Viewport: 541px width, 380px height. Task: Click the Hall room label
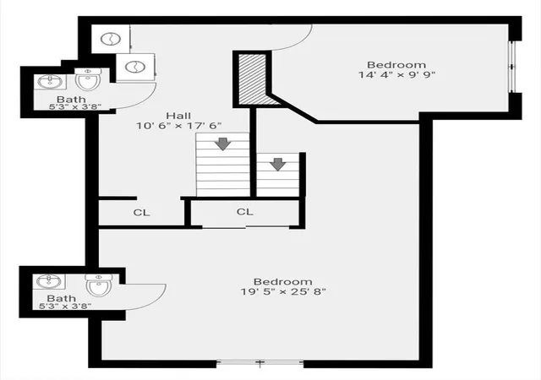pos(178,116)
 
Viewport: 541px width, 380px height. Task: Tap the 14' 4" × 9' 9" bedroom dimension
pos(396,74)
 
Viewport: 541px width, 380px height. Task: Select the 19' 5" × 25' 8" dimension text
pos(283,291)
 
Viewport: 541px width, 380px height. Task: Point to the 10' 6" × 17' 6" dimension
pos(178,126)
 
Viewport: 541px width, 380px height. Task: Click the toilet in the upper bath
pos(88,79)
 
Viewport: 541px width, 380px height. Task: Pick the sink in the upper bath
pos(51,82)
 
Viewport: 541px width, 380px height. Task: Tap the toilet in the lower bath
pos(99,285)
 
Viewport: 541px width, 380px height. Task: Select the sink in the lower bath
pos(49,281)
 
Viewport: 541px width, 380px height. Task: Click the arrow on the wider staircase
pos(223,144)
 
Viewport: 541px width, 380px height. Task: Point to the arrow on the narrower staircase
pos(278,164)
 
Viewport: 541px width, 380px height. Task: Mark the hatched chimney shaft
pos(255,79)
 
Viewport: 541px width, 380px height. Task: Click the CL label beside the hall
pos(141,213)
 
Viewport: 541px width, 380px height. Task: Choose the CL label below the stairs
pos(244,211)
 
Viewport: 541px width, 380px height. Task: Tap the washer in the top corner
pos(111,39)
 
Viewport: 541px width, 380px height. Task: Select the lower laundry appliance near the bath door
pos(135,67)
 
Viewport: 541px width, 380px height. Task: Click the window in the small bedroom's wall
pos(512,67)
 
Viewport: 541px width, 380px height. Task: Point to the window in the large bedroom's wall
pos(260,363)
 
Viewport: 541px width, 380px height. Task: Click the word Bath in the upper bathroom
pos(71,100)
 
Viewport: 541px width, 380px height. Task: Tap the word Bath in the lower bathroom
pos(62,298)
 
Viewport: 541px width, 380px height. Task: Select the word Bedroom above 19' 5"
pos(283,282)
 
